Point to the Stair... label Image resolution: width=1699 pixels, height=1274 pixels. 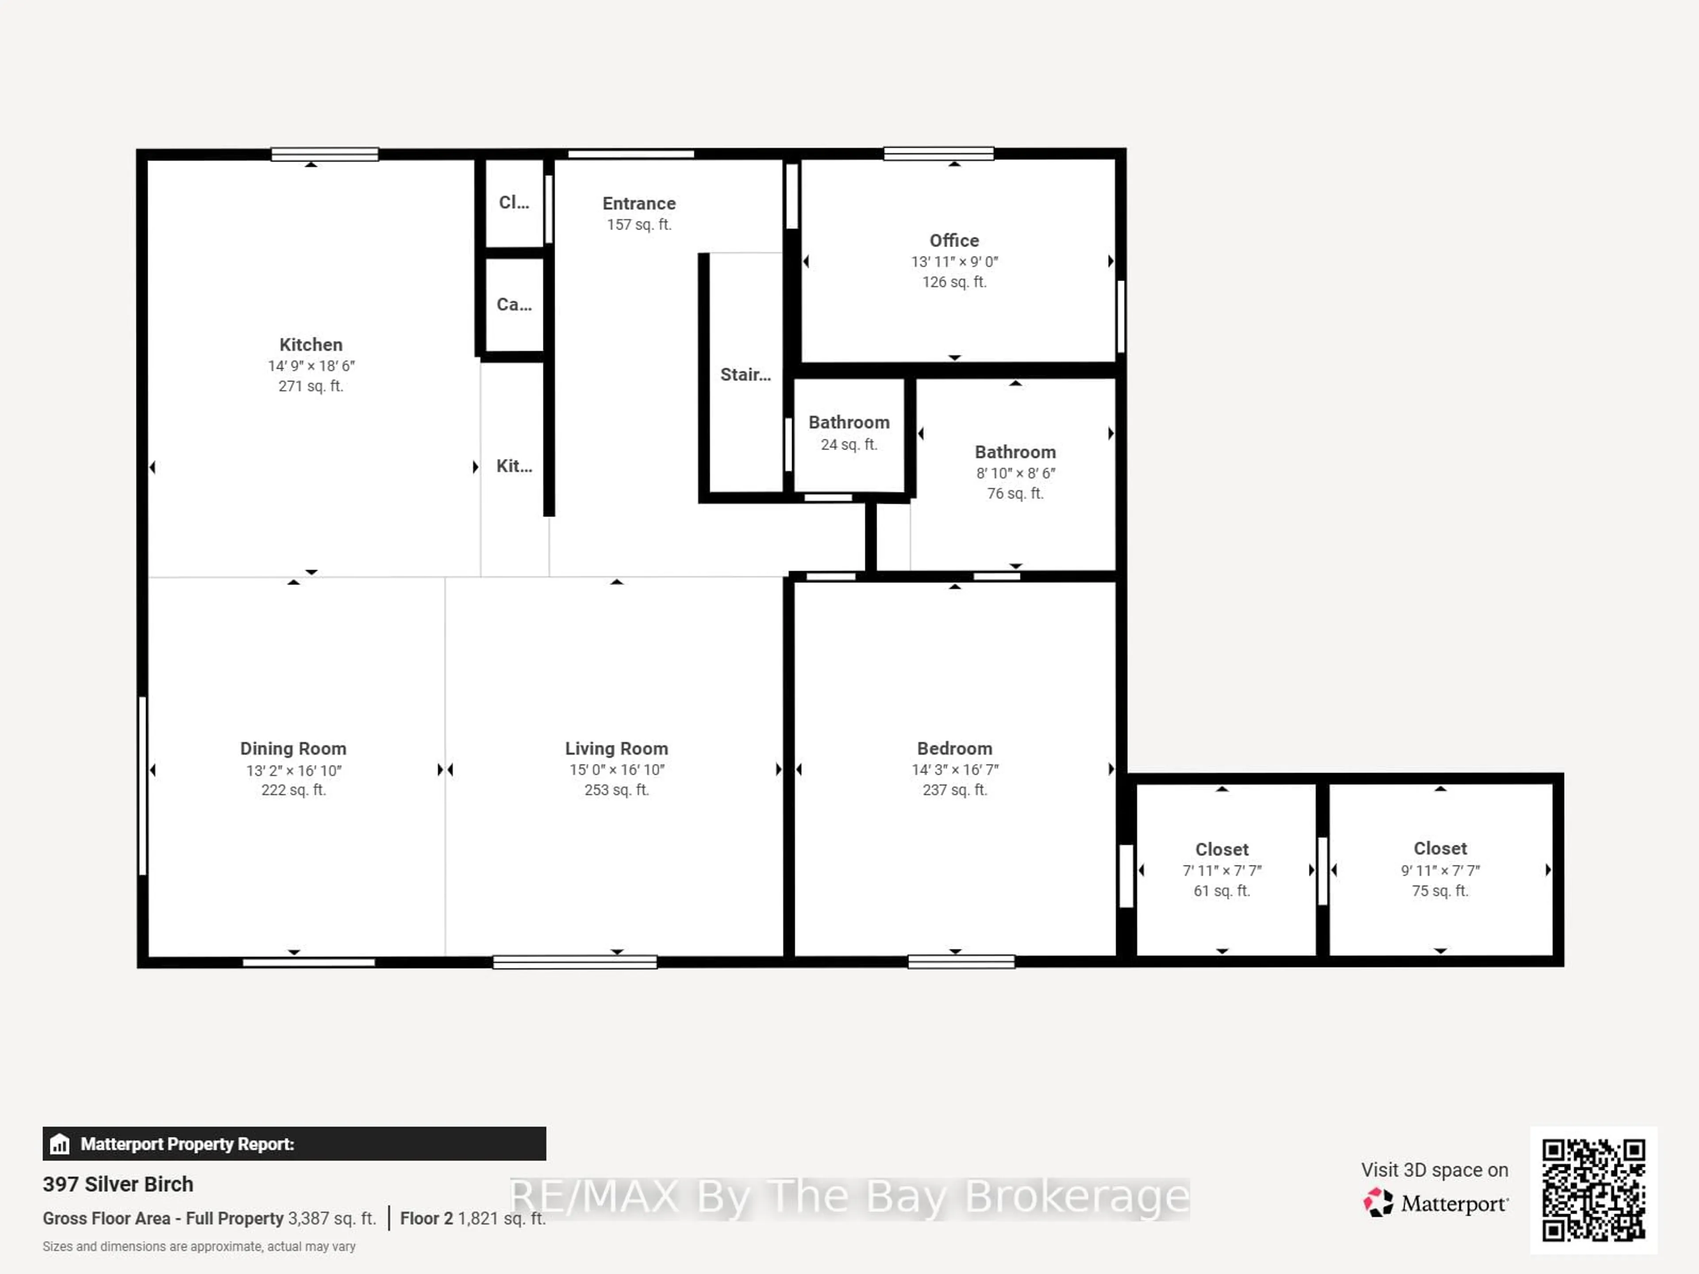[745, 375]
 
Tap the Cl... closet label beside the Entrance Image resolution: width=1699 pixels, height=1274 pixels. [514, 203]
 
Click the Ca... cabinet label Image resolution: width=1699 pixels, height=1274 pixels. [514, 305]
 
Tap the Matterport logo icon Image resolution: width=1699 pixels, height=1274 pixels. [1377, 1203]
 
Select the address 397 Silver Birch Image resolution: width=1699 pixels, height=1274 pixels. [118, 1184]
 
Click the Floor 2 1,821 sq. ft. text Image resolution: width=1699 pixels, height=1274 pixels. [473, 1219]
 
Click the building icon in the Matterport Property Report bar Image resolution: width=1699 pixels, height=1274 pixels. [60, 1144]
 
